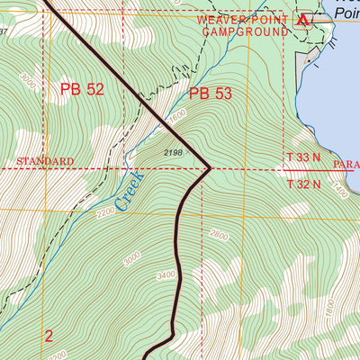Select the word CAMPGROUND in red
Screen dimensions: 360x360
(245, 31)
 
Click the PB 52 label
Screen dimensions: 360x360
(83, 89)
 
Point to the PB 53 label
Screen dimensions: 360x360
(211, 93)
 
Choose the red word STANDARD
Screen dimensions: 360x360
(44, 161)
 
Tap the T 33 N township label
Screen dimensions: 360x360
(304, 157)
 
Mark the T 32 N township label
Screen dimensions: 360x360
(304, 184)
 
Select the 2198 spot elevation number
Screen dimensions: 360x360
(174, 153)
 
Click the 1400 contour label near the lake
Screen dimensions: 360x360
(339, 192)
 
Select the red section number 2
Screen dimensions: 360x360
(49, 336)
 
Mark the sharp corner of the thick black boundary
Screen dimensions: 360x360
(209, 166)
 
